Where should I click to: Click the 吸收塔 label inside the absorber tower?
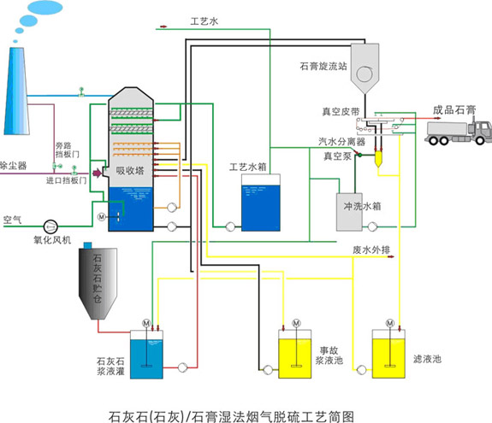pyautogui.click(x=130, y=170)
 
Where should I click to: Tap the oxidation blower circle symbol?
pyautogui.click(x=50, y=226)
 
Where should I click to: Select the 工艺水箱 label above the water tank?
pyautogui.click(x=247, y=167)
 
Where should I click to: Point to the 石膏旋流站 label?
pyautogui.click(x=323, y=66)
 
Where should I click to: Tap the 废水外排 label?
pyautogui.click(x=371, y=250)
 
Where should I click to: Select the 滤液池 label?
pyautogui.click(x=427, y=359)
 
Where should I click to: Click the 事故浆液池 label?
pyautogui.click(x=329, y=355)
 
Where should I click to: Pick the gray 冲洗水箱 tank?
pyautogui.click(x=349, y=212)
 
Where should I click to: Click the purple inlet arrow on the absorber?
pyautogui.click(x=98, y=173)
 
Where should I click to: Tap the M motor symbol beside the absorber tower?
pyautogui.click(x=101, y=216)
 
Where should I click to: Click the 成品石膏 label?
pyautogui.click(x=454, y=110)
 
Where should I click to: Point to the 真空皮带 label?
pyautogui.click(x=341, y=112)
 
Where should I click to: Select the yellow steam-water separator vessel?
pyautogui.click(x=378, y=159)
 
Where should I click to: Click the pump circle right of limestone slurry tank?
pyautogui.click(x=182, y=367)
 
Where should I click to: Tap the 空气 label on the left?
pyautogui.click(x=12, y=220)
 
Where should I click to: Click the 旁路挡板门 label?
pyautogui.click(x=67, y=150)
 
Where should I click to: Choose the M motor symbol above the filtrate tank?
pyautogui.click(x=389, y=323)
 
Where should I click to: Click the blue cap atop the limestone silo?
pyautogui.click(x=87, y=245)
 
